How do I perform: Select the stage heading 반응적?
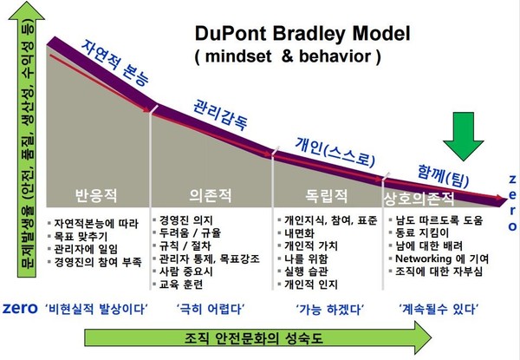(95, 193)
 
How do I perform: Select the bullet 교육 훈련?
(187, 282)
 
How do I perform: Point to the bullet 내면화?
(302, 232)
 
